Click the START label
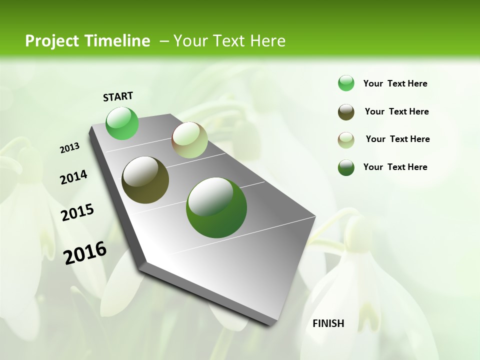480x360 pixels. (x=118, y=96)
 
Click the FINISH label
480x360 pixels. (x=328, y=323)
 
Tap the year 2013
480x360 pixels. (x=69, y=148)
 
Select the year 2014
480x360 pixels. (x=73, y=177)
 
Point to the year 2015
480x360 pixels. (x=77, y=212)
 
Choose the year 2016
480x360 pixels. (x=85, y=253)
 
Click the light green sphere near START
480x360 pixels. (x=122, y=123)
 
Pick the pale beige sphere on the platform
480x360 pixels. (x=189, y=140)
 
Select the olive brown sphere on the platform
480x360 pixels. (x=145, y=180)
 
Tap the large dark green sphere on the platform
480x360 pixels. (x=216, y=207)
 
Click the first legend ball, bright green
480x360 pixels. (x=346, y=83)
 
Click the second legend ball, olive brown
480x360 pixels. (x=346, y=112)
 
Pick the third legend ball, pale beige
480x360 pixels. (x=346, y=140)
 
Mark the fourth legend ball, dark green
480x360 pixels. (x=346, y=167)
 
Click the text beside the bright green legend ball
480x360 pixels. (x=395, y=84)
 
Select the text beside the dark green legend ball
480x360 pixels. (x=395, y=167)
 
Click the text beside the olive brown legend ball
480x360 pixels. (x=396, y=111)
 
